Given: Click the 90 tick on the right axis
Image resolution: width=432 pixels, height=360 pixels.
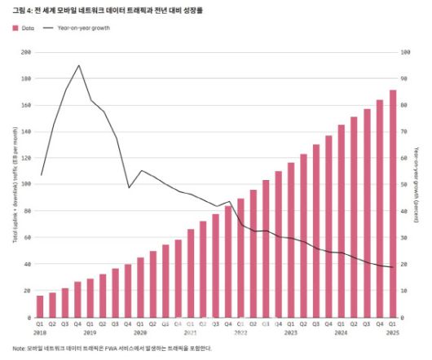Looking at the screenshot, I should (404, 79).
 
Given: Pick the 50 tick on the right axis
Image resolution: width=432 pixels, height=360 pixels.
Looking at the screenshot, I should (404, 185).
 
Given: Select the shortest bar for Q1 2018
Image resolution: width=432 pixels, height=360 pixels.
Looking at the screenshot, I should (41, 307).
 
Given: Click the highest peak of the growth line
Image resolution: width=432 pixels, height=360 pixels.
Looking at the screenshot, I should (78, 65).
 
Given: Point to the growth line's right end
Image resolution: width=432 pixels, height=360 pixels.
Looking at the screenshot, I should (392, 267).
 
